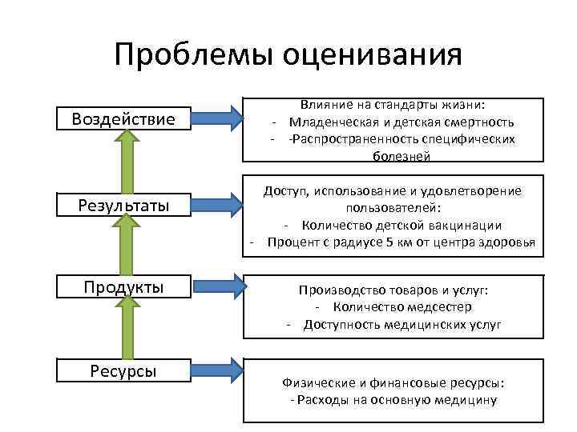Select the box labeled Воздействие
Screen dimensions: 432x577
click(x=123, y=119)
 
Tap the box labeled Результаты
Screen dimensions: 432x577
click(x=123, y=206)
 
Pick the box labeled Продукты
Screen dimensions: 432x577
click(x=123, y=286)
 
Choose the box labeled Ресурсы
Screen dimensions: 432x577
click(x=123, y=370)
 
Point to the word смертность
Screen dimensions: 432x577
click(x=478, y=122)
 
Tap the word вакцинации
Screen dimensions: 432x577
click(x=466, y=225)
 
